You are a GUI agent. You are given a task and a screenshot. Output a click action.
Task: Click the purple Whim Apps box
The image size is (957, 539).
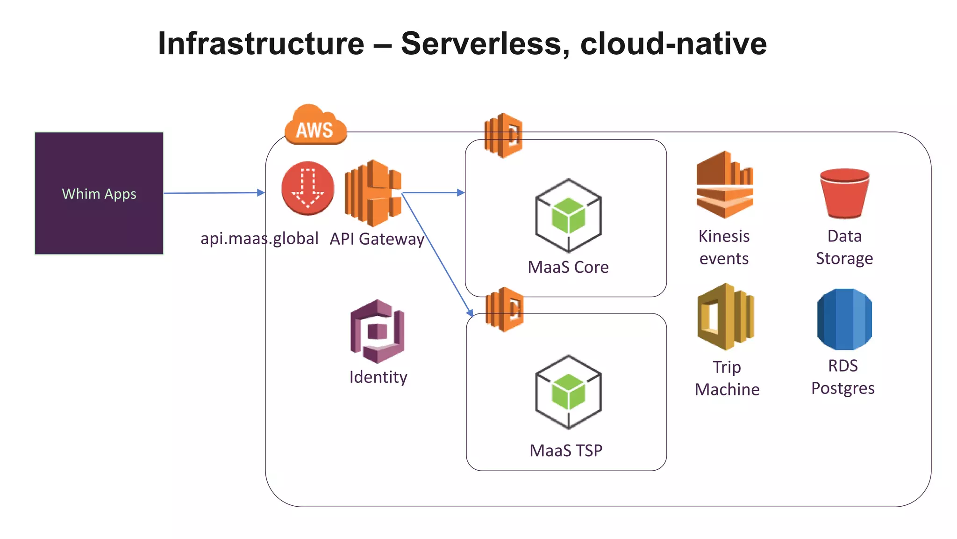(x=99, y=193)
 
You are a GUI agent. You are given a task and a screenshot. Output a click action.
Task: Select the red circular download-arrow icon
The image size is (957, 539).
(x=307, y=188)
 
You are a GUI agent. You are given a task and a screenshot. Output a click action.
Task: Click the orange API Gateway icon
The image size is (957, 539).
(x=372, y=193)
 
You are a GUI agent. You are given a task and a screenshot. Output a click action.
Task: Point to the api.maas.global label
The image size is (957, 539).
(x=259, y=239)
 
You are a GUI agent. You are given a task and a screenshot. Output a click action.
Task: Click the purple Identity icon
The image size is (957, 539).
(x=377, y=331)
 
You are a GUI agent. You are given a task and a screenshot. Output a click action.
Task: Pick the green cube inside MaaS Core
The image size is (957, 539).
(x=568, y=216)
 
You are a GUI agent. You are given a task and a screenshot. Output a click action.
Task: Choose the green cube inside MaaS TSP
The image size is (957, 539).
(x=568, y=392)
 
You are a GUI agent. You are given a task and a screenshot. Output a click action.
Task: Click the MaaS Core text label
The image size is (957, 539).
(x=568, y=267)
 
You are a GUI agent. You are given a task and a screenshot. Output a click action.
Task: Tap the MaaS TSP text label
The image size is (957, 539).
(x=566, y=451)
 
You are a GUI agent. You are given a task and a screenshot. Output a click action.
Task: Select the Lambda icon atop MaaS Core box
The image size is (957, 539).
(x=503, y=135)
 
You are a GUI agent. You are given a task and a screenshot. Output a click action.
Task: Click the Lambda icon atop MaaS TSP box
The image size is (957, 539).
(x=505, y=310)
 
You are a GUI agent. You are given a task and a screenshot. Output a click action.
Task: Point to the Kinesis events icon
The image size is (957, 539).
(x=724, y=185)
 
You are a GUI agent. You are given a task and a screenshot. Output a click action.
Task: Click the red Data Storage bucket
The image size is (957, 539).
(x=844, y=193)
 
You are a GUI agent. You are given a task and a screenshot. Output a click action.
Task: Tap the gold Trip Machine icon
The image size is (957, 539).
(x=725, y=317)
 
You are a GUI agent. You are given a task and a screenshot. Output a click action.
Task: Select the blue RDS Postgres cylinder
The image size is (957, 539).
(x=844, y=319)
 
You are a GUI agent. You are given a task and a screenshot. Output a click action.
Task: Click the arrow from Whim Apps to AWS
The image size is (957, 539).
(x=214, y=193)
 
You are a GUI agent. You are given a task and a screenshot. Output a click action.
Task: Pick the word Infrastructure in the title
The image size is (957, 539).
(x=261, y=44)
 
